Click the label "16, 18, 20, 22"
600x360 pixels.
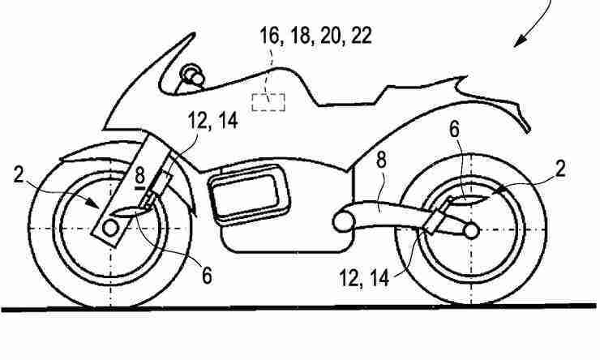coord(315,36)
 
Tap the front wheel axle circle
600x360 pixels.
coord(110,229)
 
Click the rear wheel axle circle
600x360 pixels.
coord(471,231)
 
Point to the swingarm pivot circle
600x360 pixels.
coord(341,222)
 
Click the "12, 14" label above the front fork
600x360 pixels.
coord(212,120)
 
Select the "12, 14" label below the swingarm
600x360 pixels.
coord(364,278)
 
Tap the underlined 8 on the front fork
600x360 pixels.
coord(139,178)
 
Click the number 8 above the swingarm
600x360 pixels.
coord(381,161)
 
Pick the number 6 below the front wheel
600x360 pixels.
coord(207,276)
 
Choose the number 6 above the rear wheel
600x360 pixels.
coord(454,130)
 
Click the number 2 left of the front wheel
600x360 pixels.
coord(19,175)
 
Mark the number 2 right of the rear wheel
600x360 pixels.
coord(560,169)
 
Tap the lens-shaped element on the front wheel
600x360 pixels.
coord(129,212)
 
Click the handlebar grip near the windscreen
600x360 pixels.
coord(193,75)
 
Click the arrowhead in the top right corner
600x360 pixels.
coord(521,41)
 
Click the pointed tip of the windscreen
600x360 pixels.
coord(192,34)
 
